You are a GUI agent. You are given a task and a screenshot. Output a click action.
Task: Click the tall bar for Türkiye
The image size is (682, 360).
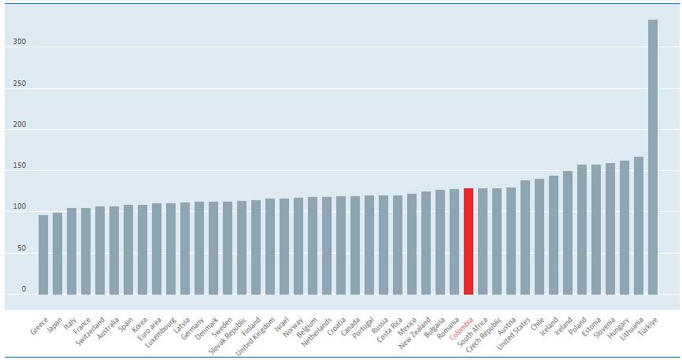click(653, 158)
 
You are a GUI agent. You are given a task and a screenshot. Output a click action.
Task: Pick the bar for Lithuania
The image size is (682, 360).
click(639, 225)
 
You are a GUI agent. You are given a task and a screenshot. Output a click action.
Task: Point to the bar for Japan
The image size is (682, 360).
click(57, 253)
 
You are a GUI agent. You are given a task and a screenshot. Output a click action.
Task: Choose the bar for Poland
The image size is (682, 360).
click(582, 229)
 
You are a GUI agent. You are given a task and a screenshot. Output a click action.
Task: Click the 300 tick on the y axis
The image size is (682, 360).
click(19, 43)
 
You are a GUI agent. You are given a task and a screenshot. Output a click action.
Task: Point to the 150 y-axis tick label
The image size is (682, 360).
click(19, 166)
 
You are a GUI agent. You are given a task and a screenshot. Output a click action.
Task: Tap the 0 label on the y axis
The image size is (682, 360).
click(24, 289)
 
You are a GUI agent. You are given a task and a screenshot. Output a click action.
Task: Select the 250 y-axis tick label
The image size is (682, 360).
click(19, 84)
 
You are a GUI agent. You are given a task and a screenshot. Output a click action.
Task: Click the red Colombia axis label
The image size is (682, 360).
click(461, 332)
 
